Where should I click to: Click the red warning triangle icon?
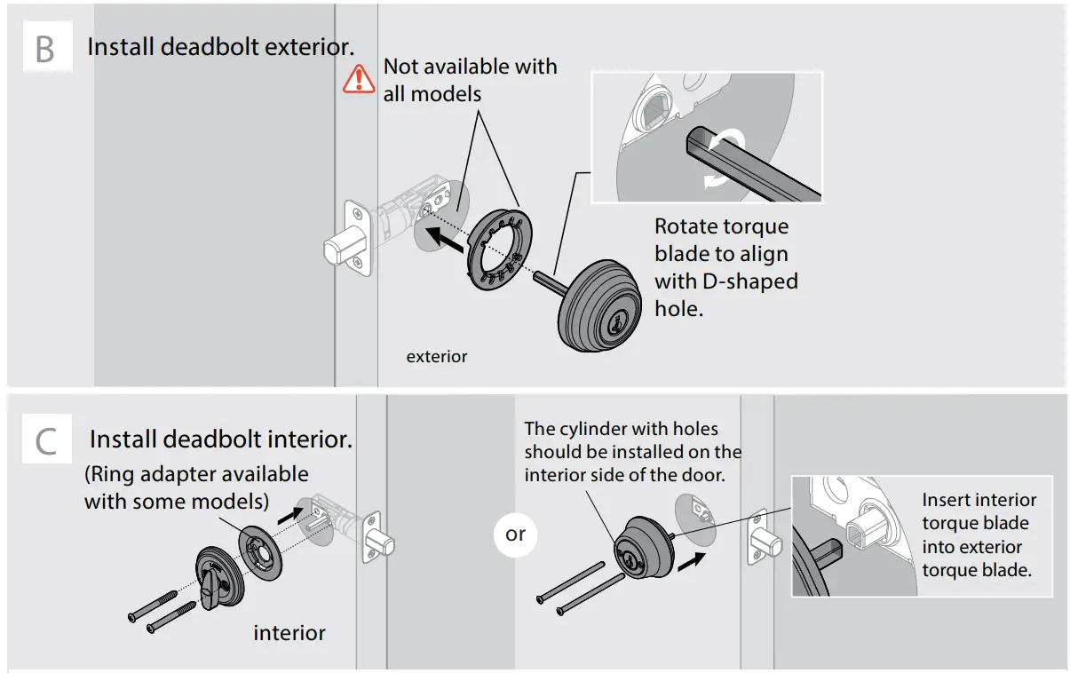click(x=359, y=78)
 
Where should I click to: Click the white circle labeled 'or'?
click(x=516, y=534)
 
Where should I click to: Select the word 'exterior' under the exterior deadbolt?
click(x=436, y=357)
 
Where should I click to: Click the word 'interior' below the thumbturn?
click(x=289, y=633)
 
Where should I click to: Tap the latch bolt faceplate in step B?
click(x=356, y=235)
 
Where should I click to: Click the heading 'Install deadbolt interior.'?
click(x=221, y=439)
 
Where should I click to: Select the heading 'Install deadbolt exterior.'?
click(x=220, y=47)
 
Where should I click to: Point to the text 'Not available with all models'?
click(x=470, y=79)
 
